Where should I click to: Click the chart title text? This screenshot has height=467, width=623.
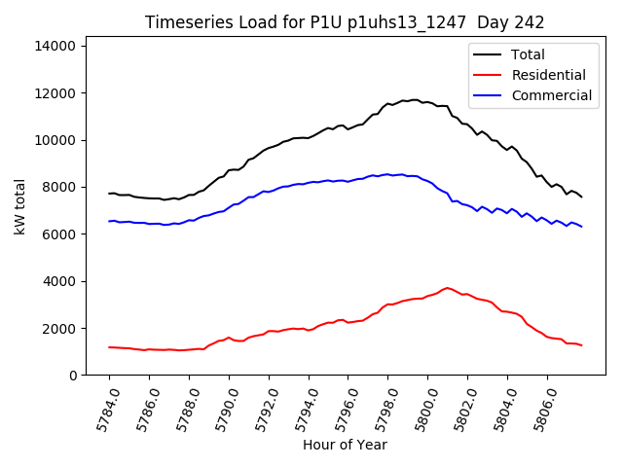(x=345, y=22)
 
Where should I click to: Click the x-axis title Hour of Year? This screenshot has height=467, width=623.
(x=345, y=446)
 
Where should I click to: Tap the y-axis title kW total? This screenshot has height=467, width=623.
(x=18, y=210)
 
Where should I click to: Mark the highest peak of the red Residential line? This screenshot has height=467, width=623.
(x=447, y=288)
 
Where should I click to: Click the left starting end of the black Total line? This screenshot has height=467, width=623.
(x=109, y=194)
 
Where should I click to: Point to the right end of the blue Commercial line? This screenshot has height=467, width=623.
(x=582, y=227)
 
